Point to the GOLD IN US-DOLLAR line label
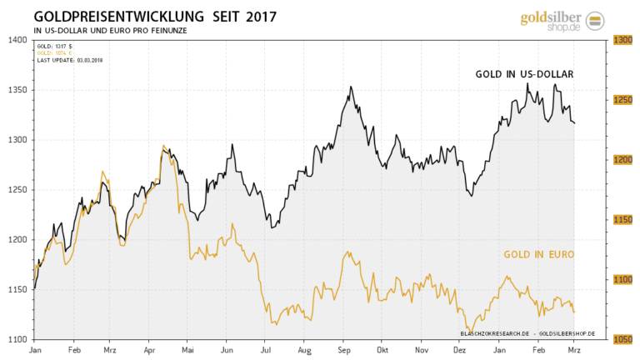[x=524, y=74]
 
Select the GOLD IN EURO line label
[x=537, y=253]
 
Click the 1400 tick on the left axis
[x=17, y=40]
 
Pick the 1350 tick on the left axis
[x=17, y=90]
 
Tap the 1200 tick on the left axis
[x=17, y=240]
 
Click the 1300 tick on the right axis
[x=622, y=40]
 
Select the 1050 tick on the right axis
[x=622, y=339]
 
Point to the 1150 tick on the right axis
[x=622, y=220]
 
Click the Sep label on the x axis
[x=342, y=351]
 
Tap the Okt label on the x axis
[x=382, y=351]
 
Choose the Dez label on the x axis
[x=459, y=351]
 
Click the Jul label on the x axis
[x=266, y=351]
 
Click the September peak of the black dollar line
[x=351, y=87]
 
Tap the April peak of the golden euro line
[x=163, y=146]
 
